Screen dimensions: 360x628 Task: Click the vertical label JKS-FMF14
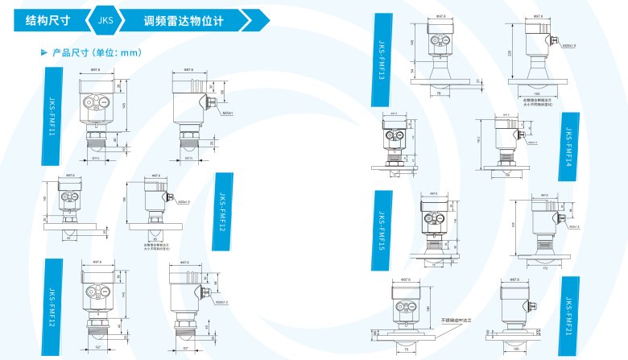[x=568, y=144]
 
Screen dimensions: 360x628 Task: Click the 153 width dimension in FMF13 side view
[x=536, y=93]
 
